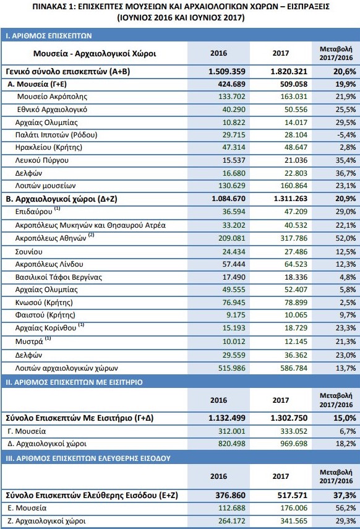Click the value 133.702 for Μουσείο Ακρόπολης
coord(232,97)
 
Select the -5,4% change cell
coord(346,135)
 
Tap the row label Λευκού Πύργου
coord(42,160)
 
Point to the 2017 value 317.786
coord(294,238)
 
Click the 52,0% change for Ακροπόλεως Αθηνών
coord(346,238)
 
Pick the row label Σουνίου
coord(29,252)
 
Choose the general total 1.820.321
coord(289,72)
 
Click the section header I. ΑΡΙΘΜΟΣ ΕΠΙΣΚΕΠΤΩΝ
coord(49,36)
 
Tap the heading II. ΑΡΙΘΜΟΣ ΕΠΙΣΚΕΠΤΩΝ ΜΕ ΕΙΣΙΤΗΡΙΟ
coord(74,382)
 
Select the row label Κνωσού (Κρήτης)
coord(44,303)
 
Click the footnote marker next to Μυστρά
coord(48,338)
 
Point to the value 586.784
coord(294,368)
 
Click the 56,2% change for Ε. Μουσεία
coord(346,508)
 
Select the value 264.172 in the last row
coord(232,521)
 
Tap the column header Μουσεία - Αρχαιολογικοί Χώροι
coord(95,54)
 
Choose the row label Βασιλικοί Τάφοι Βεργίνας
coord(59,277)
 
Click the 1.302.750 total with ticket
coord(289,418)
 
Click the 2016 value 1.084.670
coord(228,199)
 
